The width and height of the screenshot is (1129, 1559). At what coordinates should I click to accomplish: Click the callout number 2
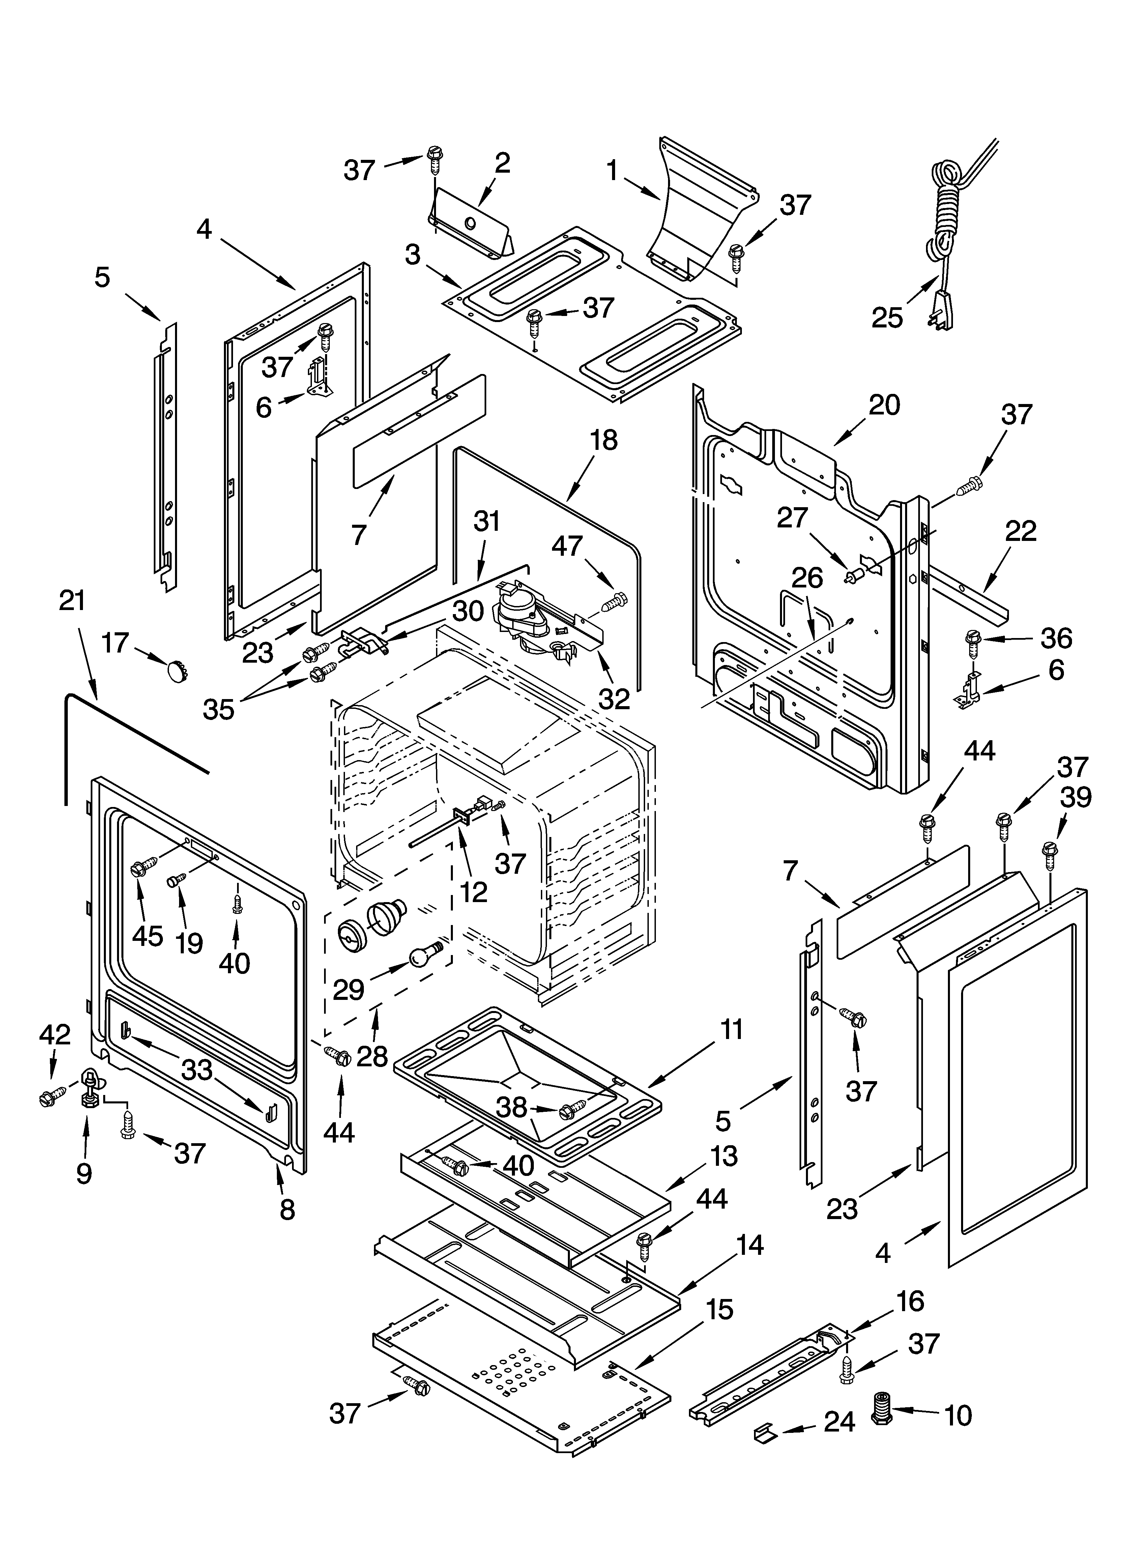(502, 163)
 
